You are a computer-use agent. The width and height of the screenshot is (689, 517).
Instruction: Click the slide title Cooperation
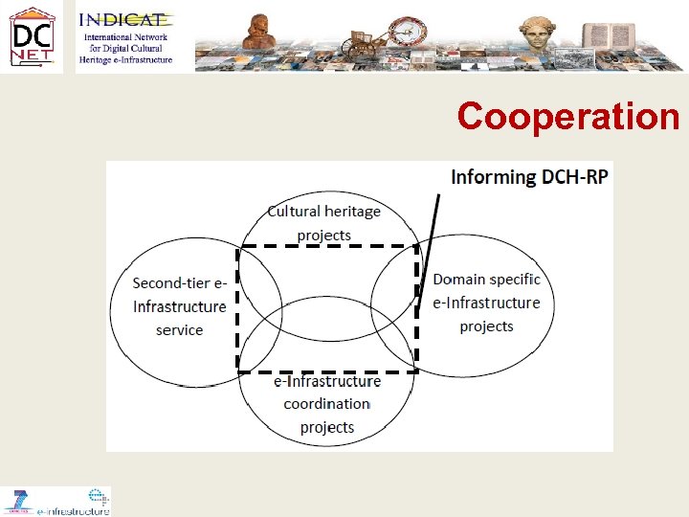click(x=567, y=116)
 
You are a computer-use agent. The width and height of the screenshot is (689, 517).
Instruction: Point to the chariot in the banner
click(x=363, y=43)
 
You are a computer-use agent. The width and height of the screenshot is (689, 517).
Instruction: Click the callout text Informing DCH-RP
click(x=529, y=177)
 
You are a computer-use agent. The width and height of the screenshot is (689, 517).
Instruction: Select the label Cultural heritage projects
click(x=324, y=223)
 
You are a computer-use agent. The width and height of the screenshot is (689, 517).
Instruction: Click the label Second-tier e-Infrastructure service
click(x=180, y=306)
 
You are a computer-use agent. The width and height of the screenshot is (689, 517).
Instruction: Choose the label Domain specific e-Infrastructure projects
click(x=486, y=303)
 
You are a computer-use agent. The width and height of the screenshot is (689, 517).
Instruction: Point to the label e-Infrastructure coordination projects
click(x=327, y=404)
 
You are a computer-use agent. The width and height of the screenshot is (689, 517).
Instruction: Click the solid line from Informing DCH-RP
click(x=430, y=249)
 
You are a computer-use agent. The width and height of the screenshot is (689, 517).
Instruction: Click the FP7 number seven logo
click(x=17, y=500)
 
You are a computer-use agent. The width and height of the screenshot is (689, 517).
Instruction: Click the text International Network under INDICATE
click(x=125, y=37)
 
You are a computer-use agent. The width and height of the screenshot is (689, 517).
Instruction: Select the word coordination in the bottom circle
click(x=327, y=404)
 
